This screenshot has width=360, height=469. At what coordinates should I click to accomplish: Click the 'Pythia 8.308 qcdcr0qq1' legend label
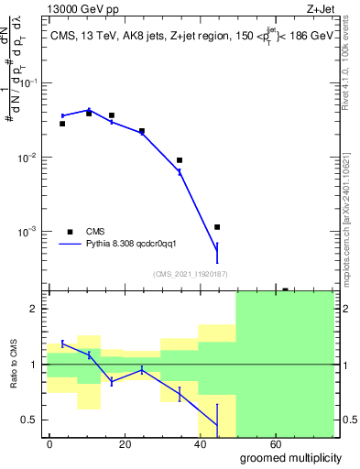pyautogui.click(x=137, y=245)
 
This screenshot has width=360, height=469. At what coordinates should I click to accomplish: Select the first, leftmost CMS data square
pyautogui.click(x=62, y=124)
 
